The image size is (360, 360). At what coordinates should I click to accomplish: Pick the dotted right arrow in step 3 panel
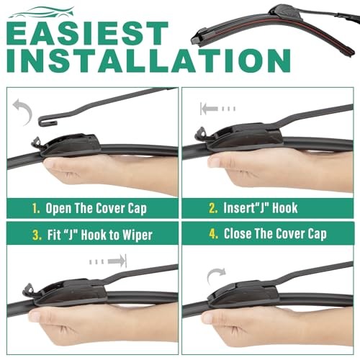(x=108, y=261)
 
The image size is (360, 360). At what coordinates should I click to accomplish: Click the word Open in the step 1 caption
(x=58, y=209)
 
